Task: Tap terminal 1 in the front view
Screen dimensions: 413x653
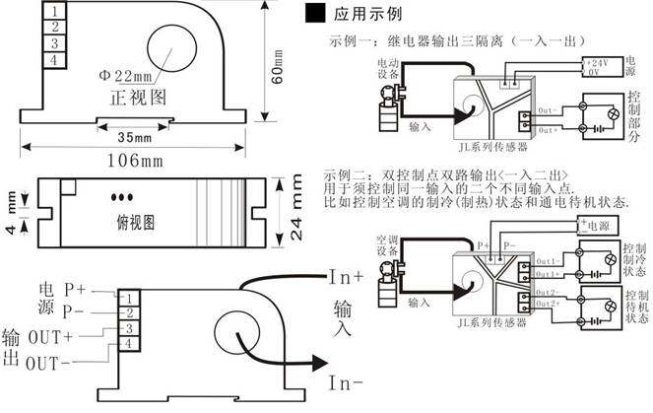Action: click(x=55, y=11)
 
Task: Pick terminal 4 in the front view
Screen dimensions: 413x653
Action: click(x=55, y=61)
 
